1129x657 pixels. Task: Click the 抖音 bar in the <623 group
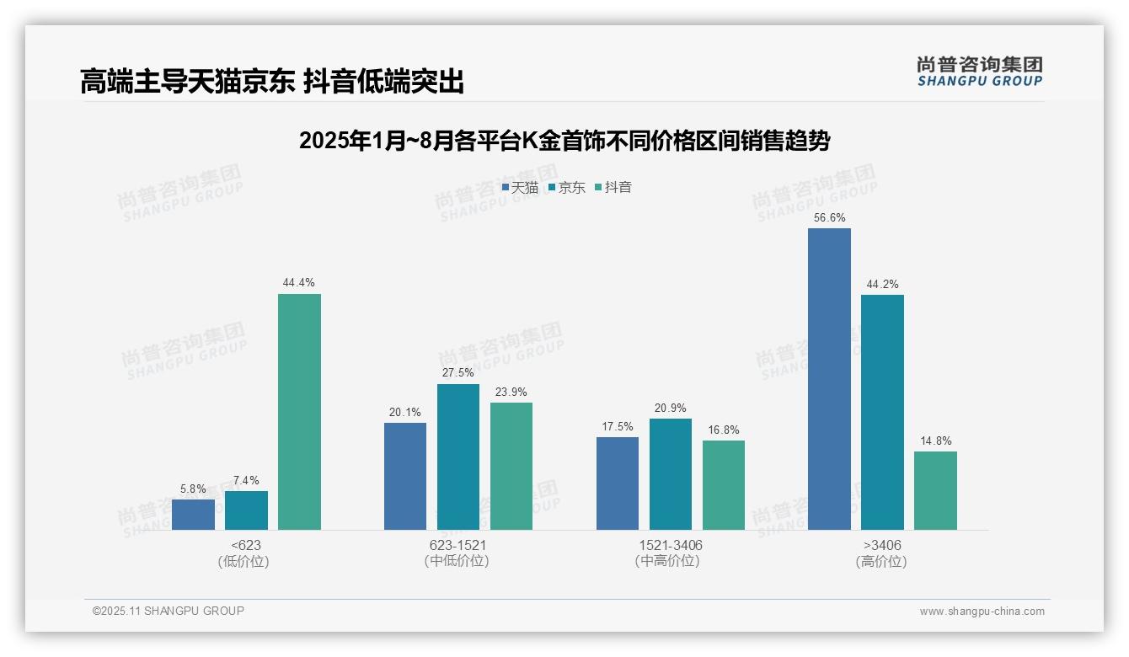tap(299, 412)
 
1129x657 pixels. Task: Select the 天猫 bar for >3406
tap(829, 379)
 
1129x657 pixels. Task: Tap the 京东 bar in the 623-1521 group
tap(458, 457)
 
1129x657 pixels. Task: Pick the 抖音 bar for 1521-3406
tap(724, 485)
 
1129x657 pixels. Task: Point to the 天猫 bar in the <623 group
tap(193, 515)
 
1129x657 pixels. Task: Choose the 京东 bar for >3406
tap(882, 412)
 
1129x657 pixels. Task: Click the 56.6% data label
tap(829, 218)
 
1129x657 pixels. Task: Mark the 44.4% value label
tap(299, 283)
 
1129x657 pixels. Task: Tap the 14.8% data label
tap(935, 441)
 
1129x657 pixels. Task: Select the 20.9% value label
tap(671, 409)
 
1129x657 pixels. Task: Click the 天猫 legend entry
tap(520, 188)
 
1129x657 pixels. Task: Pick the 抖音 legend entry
tap(613, 188)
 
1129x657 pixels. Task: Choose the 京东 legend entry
tap(567, 188)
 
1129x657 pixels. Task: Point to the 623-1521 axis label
tap(457, 545)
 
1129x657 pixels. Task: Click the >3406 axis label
tap(881, 545)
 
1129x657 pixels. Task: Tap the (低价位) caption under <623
tap(244, 561)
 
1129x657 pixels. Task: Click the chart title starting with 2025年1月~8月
tap(564, 142)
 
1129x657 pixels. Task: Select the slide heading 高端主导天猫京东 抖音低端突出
tap(272, 82)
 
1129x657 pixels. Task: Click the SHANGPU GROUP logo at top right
tap(980, 72)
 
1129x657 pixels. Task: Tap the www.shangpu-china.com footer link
tap(982, 612)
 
